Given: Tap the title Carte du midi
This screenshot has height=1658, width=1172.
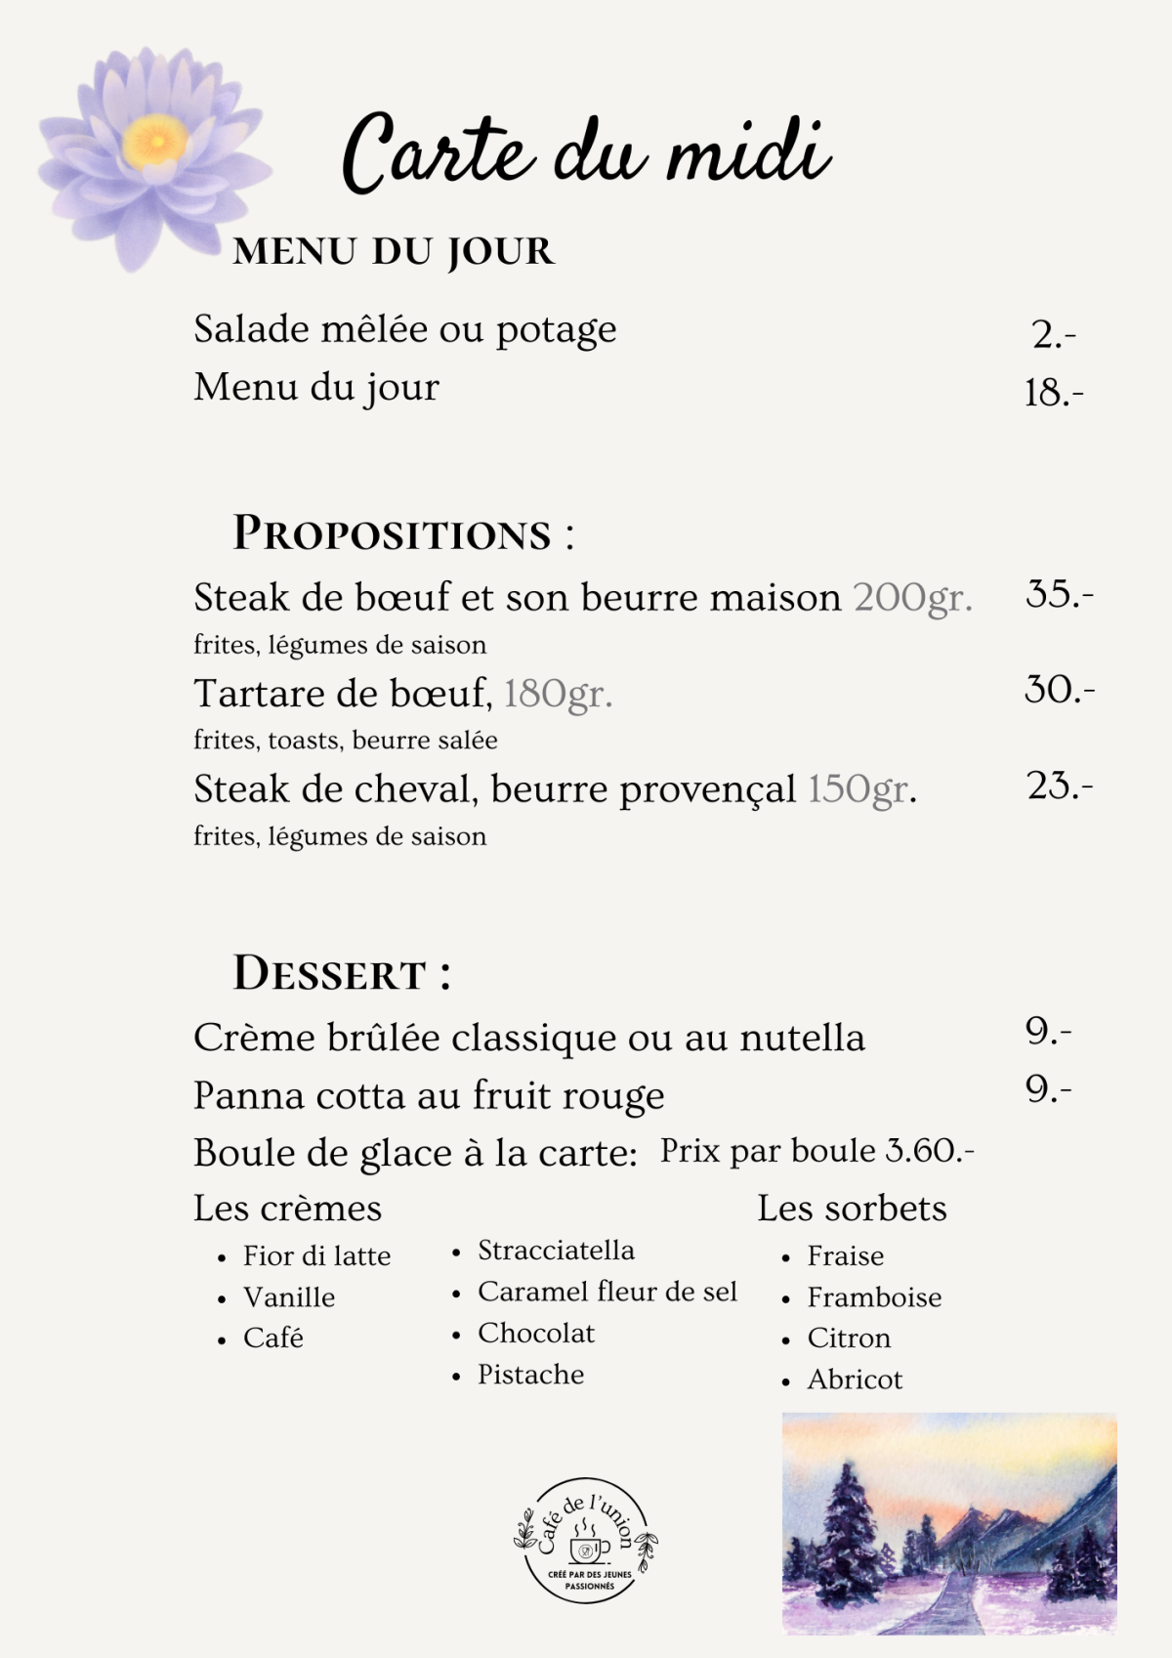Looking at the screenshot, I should click(x=586, y=154).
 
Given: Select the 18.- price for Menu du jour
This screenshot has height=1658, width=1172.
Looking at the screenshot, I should click(x=1053, y=394).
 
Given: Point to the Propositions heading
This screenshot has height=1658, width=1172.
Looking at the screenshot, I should click(x=402, y=534).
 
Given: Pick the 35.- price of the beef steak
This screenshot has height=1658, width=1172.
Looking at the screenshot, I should click(x=1059, y=594).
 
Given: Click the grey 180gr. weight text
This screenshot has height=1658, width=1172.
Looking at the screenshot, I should click(x=558, y=694).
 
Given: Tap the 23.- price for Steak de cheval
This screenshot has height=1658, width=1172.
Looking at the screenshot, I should click(x=1059, y=786).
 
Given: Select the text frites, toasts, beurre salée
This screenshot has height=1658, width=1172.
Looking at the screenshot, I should click(x=345, y=741).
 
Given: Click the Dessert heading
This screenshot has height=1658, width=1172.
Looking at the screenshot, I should click(x=341, y=974).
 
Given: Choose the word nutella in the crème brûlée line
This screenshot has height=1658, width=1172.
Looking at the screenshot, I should click(x=802, y=1038).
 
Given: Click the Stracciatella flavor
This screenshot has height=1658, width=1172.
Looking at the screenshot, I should click(x=556, y=1251).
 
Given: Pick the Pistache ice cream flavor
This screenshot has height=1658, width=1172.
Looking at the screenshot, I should click(x=530, y=1375).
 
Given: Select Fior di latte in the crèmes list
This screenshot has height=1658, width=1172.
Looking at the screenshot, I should click(x=316, y=1256).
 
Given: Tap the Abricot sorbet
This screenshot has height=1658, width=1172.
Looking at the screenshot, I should click(x=855, y=1380).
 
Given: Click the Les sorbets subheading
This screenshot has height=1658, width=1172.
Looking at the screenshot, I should click(x=852, y=1209).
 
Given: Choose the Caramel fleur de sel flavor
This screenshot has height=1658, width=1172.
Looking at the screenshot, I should click(x=607, y=1292).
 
